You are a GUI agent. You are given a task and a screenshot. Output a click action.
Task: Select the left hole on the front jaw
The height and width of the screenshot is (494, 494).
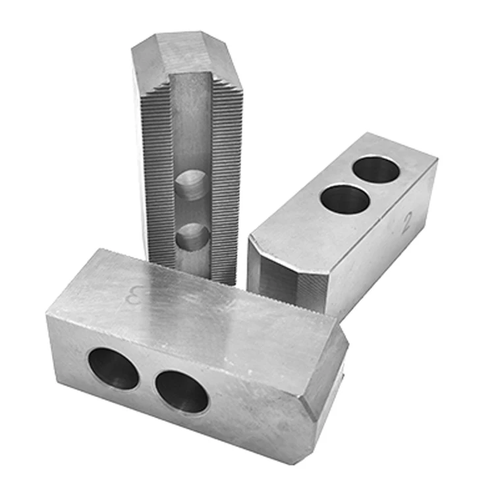[x=113, y=368]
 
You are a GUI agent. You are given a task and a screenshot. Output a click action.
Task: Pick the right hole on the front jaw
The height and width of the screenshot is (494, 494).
[x=182, y=392]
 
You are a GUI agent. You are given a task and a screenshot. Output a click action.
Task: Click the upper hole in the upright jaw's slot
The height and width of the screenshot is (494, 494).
[x=192, y=185]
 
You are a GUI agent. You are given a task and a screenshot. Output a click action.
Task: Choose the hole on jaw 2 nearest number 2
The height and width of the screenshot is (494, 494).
[x=375, y=170]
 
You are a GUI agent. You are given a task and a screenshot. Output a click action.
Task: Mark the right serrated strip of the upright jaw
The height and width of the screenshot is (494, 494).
[x=227, y=178]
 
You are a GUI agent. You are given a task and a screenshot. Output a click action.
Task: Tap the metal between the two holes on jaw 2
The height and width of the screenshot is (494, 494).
[x=362, y=184]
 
